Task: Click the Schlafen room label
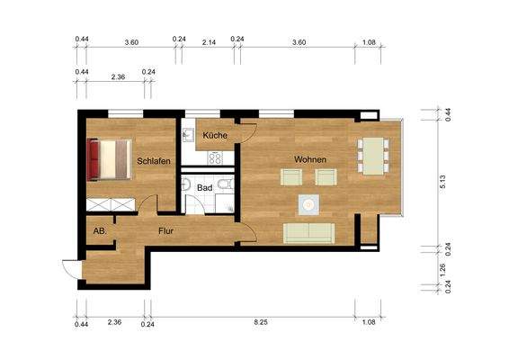tap(154, 161)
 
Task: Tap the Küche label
tap(215, 135)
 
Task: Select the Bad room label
tap(205, 188)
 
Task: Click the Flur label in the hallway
tap(165, 230)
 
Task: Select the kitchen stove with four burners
tap(216, 157)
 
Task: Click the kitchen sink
tap(189, 138)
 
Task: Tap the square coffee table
tap(309, 205)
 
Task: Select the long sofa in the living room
tap(309, 233)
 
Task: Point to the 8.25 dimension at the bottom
tap(260, 321)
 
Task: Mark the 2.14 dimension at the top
tap(209, 42)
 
